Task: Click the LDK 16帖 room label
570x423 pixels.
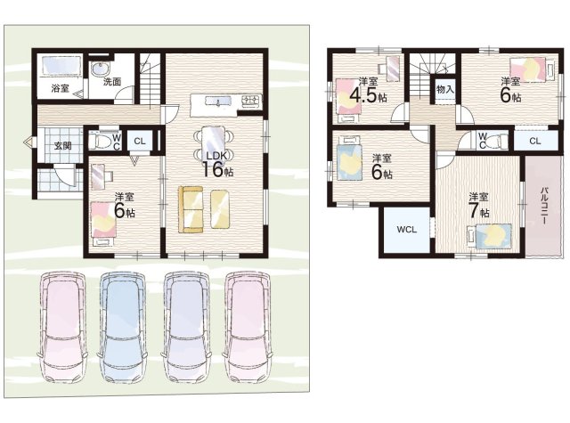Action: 217,165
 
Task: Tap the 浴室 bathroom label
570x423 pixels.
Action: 60,88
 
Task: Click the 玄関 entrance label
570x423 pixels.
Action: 62,146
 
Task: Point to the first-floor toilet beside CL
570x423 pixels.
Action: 99,140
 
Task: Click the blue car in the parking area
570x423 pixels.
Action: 123,327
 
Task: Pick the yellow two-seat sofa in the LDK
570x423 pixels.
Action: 190,209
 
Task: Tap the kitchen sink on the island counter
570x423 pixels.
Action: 217,101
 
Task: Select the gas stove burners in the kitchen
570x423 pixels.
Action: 251,100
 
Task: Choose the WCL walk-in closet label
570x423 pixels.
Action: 406,229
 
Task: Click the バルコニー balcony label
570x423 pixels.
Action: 544,206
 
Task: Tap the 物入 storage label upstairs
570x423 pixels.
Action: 445,89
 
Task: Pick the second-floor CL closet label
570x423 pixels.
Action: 534,141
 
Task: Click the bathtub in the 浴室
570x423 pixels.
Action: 61,66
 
